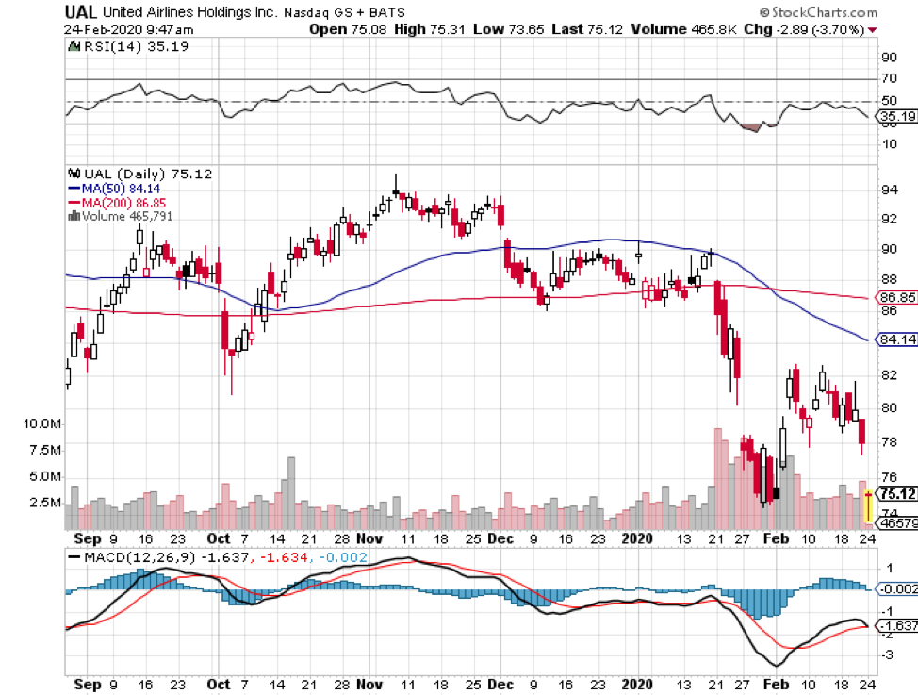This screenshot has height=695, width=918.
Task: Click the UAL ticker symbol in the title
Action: point(80,12)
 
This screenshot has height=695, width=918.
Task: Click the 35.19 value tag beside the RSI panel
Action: point(895,118)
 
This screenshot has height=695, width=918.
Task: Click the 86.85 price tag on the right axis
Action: point(896,297)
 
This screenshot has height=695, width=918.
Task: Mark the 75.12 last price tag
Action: point(896,493)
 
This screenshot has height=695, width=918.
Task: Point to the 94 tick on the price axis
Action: point(888,190)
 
